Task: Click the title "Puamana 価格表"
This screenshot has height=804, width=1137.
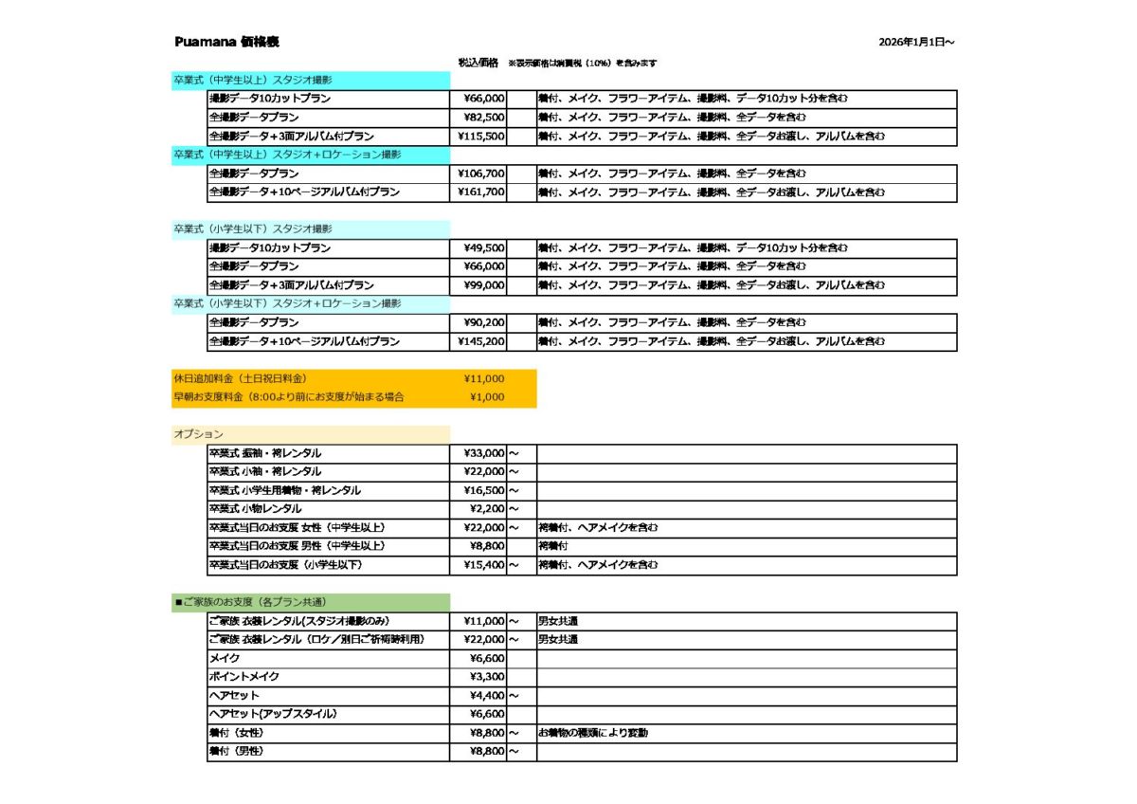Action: click(x=226, y=43)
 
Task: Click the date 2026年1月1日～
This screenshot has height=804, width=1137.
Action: click(x=916, y=43)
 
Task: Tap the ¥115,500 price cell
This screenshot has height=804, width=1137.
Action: click(x=482, y=137)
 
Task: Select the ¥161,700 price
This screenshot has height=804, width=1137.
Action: click(x=482, y=192)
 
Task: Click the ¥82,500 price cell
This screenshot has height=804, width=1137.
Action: click(x=484, y=118)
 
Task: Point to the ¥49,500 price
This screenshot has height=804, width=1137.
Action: click(x=484, y=248)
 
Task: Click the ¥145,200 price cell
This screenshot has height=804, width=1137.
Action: click(x=482, y=341)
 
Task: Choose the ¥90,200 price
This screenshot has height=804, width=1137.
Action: click(x=484, y=322)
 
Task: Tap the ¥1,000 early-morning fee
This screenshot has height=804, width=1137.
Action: click(x=487, y=397)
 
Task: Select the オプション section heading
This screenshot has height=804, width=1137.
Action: click(x=198, y=434)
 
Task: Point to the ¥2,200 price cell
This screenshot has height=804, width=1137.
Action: click(x=487, y=509)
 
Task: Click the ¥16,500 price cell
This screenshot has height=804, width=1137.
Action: click(x=484, y=490)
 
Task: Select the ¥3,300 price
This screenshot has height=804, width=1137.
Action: click(x=487, y=677)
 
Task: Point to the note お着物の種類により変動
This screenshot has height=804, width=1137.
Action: click(x=593, y=733)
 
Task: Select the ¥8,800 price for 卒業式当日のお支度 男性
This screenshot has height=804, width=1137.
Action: click(x=487, y=546)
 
